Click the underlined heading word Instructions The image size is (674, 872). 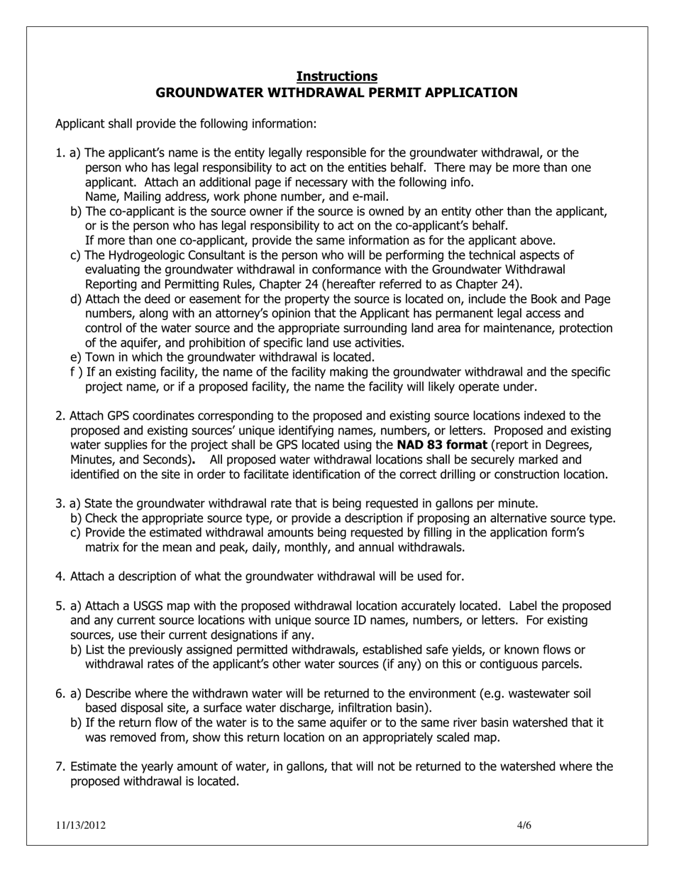coord(336,76)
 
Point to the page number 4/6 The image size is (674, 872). coord(524,825)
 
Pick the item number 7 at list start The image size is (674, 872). coord(60,766)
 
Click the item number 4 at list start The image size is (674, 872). coord(60,576)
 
